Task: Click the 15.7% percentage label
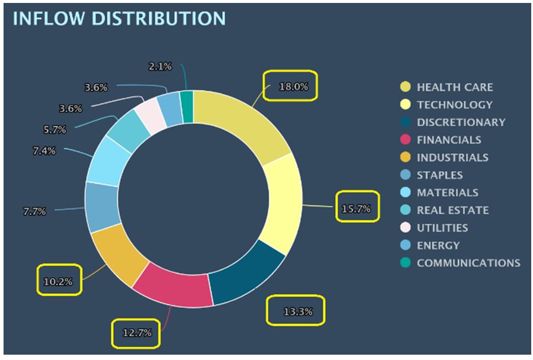pyautogui.click(x=356, y=208)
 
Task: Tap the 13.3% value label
pyautogui.click(x=297, y=311)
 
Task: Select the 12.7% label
pyautogui.click(x=137, y=332)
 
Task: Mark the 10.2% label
pyautogui.click(x=58, y=282)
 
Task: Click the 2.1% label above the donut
pyautogui.click(x=160, y=67)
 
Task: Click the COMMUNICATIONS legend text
pyautogui.click(x=468, y=263)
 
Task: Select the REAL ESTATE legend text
pyautogui.click(x=452, y=210)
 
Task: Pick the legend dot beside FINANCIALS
pyautogui.click(x=406, y=140)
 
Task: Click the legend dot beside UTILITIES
pyautogui.click(x=406, y=228)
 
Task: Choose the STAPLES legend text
pyautogui.click(x=439, y=175)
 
